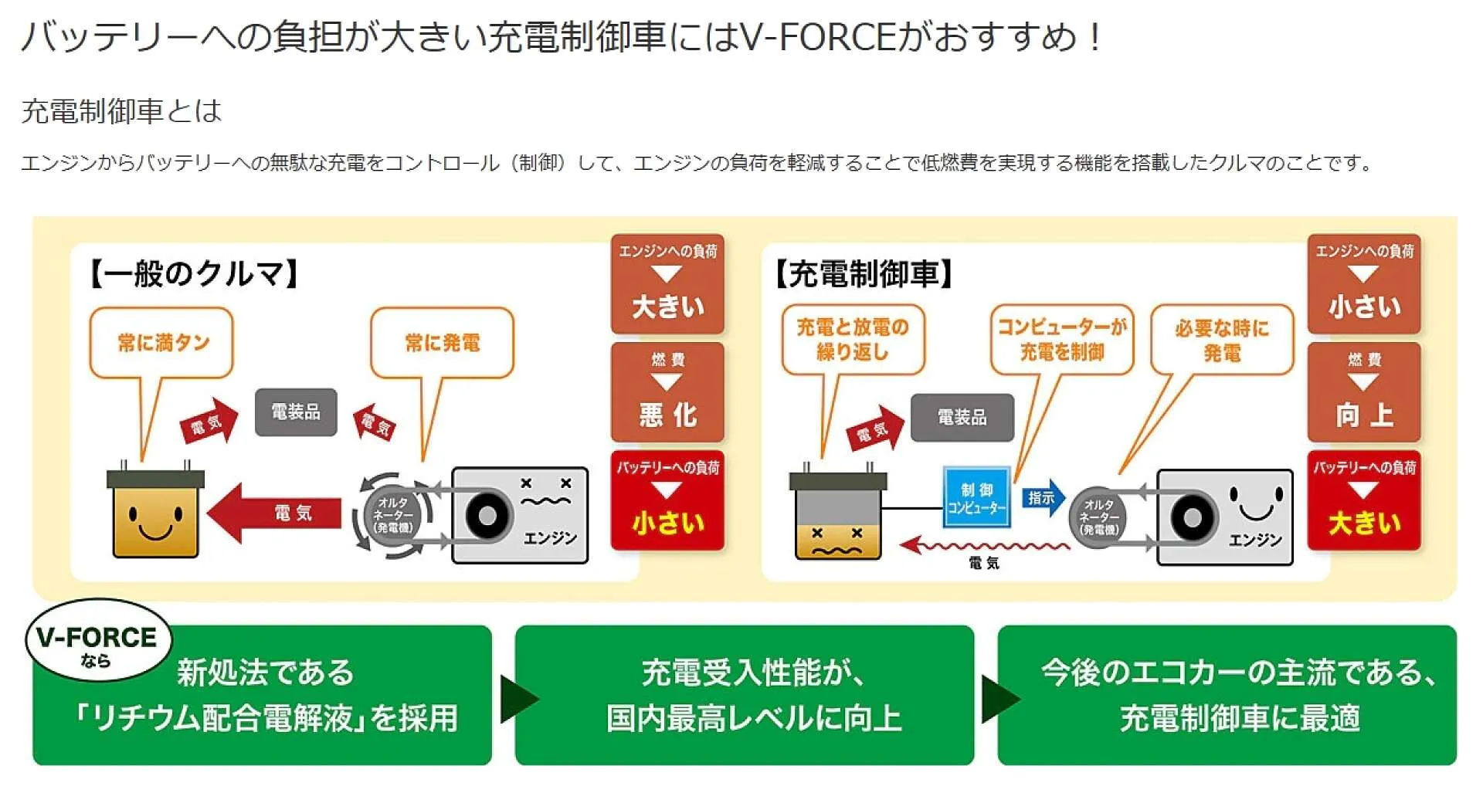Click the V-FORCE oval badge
tap(98, 641)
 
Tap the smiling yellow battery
tap(155, 513)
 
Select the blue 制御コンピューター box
tap(976, 497)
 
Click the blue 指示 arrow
tap(1043, 498)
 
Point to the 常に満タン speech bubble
tap(161, 343)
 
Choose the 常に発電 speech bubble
tap(442, 343)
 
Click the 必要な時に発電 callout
tap(1221, 340)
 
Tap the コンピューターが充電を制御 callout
tap(1062, 340)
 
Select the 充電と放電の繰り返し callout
tap(853, 340)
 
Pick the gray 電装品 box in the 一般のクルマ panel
tap(296, 412)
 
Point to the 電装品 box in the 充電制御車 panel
tap(962, 418)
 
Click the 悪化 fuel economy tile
tap(667, 392)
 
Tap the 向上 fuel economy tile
tap(1364, 392)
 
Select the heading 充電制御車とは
tap(121, 111)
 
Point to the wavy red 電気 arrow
tap(985, 547)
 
